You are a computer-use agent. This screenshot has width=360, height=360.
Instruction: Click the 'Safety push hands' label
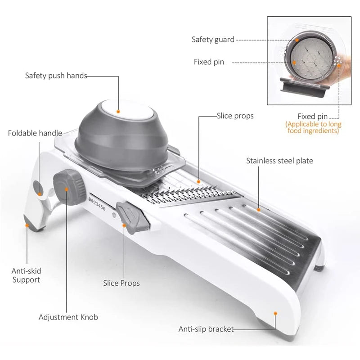click(x=56, y=76)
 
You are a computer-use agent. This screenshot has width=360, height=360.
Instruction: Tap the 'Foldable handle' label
click(x=35, y=133)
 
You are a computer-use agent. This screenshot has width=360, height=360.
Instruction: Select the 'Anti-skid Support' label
click(x=26, y=275)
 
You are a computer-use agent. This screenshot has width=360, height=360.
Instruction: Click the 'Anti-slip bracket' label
click(x=206, y=329)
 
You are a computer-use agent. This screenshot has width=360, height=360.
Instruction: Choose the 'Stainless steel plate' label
click(x=279, y=161)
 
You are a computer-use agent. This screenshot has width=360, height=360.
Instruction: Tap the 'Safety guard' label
click(x=213, y=40)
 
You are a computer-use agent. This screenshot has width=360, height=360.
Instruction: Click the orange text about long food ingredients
click(x=314, y=127)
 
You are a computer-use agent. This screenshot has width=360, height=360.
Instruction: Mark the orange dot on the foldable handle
click(x=39, y=186)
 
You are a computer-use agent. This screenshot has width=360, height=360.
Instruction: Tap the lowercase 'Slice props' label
click(x=235, y=116)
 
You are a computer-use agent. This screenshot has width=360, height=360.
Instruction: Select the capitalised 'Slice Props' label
click(x=121, y=283)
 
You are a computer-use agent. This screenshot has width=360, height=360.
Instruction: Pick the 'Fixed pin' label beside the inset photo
click(x=209, y=62)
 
